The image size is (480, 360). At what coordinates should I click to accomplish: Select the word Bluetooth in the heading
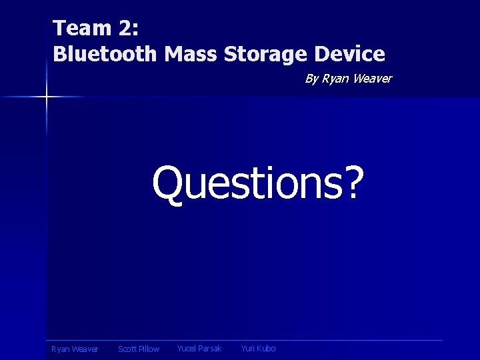(103, 54)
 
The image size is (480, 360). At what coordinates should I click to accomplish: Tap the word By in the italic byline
(311, 79)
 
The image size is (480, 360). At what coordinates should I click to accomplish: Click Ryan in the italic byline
(335, 79)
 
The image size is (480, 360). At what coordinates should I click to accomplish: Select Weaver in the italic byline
(372, 79)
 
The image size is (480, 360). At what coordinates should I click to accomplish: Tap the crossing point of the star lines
(47, 97)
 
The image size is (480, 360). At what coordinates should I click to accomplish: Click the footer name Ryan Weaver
(75, 349)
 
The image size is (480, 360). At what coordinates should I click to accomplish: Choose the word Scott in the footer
(128, 349)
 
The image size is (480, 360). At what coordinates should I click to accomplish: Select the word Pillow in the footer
(150, 349)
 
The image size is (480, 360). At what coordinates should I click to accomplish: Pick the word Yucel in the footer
(187, 349)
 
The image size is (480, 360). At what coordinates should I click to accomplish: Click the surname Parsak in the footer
(211, 349)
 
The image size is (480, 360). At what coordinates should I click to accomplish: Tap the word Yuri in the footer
(247, 349)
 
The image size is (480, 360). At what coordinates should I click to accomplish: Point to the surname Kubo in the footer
(266, 349)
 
